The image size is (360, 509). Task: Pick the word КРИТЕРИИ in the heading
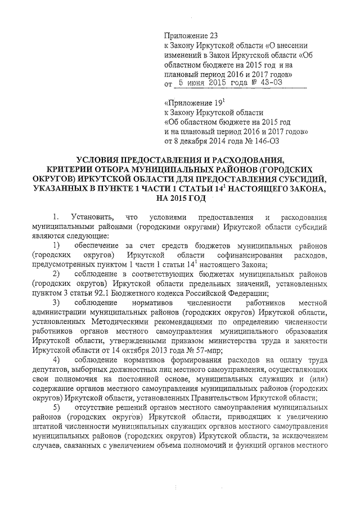tap(70, 169)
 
